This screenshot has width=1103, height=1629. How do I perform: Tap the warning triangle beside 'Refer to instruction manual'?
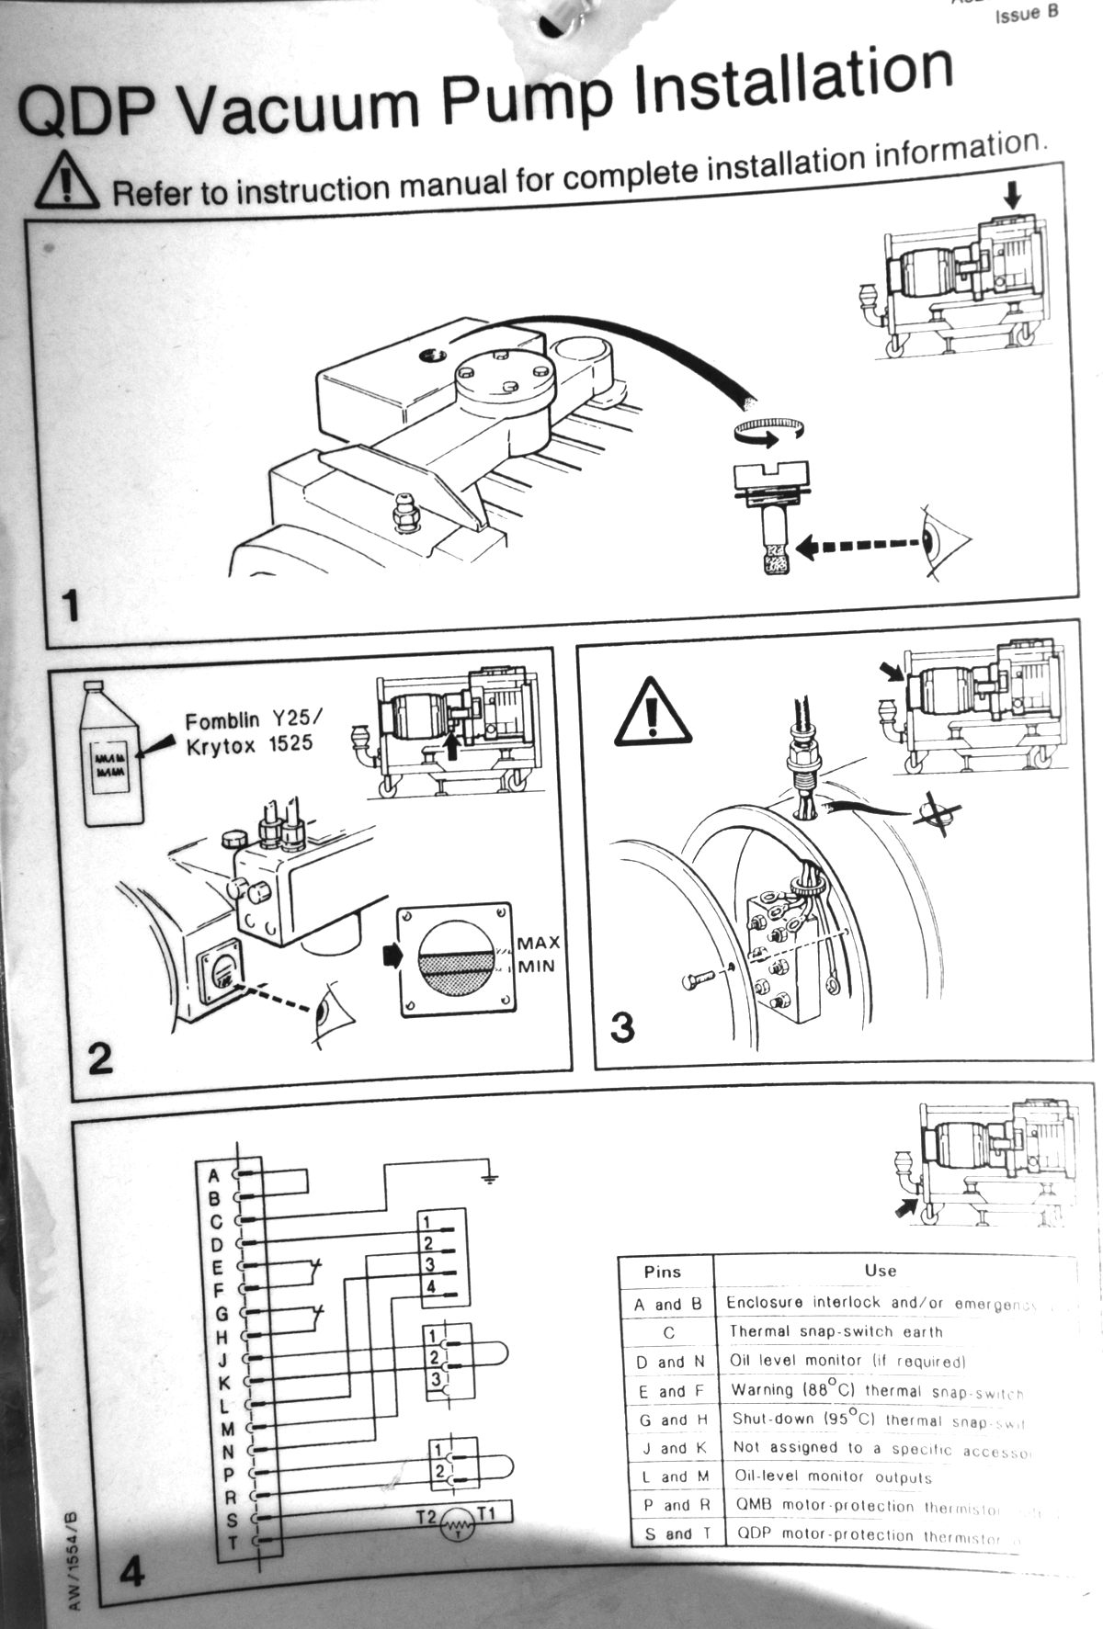66,182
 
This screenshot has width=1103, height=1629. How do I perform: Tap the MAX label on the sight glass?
538,943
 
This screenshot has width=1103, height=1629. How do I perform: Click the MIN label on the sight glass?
536,966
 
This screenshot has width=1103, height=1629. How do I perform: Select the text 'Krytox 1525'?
249,745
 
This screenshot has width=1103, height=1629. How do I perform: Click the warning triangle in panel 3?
654,713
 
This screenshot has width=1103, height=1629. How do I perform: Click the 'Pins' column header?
663,1272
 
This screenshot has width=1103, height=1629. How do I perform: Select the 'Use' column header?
880,1271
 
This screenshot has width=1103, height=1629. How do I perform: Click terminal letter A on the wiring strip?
214,1175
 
